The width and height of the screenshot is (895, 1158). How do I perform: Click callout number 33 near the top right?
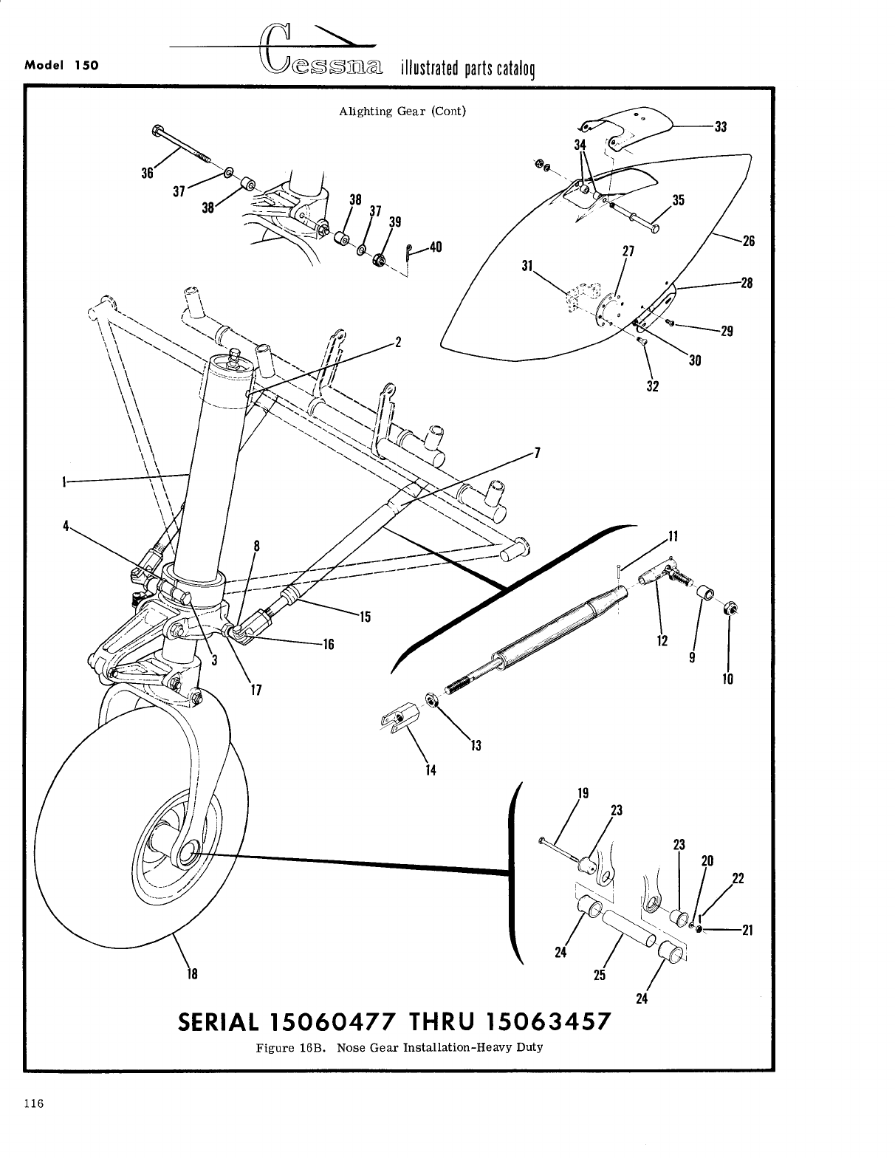tap(721, 126)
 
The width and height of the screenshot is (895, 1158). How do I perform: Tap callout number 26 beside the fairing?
tap(748, 241)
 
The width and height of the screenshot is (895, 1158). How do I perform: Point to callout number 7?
tap(538, 452)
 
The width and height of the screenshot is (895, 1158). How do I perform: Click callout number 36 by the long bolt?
tap(147, 174)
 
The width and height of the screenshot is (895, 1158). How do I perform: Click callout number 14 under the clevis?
tap(431, 770)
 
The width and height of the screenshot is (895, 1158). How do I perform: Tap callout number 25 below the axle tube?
tap(600, 975)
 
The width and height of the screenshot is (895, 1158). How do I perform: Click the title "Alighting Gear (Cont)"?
tap(402, 112)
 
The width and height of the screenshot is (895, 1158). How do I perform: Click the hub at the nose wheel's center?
tap(185, 853)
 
